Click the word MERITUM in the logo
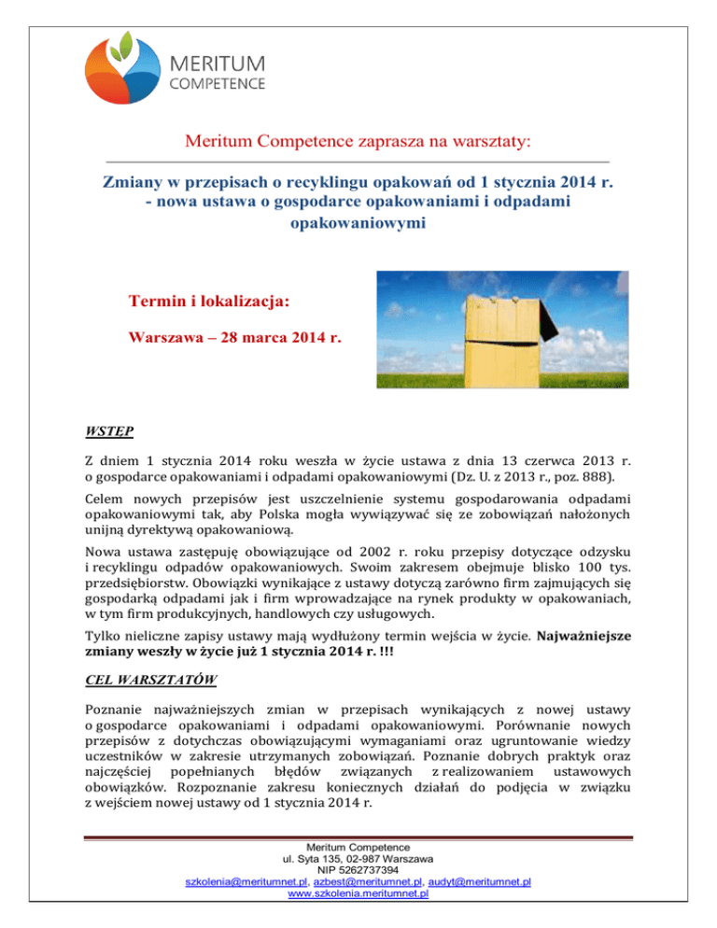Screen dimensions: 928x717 click(218, 63)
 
